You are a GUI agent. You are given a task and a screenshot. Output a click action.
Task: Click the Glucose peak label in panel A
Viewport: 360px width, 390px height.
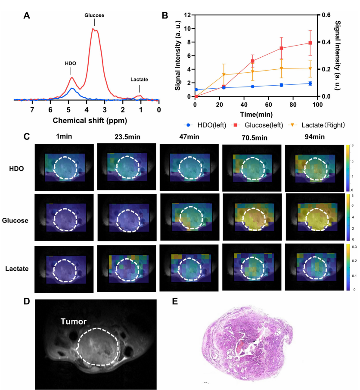coord(94,15)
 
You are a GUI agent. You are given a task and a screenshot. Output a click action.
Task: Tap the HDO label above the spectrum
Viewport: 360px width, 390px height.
coord(71,63)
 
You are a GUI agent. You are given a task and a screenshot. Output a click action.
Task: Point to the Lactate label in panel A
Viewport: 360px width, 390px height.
coord(139,80)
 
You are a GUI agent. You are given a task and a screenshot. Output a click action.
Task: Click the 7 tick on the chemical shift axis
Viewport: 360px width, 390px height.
coord(32,110)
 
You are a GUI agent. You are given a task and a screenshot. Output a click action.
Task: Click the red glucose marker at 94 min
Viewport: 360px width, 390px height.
coord(309,43)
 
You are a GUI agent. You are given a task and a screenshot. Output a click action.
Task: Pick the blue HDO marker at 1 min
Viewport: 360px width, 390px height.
coord(196,90)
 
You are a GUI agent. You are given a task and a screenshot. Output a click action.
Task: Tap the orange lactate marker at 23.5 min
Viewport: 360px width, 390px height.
coord(224,75)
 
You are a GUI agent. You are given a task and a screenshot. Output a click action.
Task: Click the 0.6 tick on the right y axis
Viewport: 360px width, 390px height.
coord(326,15)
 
